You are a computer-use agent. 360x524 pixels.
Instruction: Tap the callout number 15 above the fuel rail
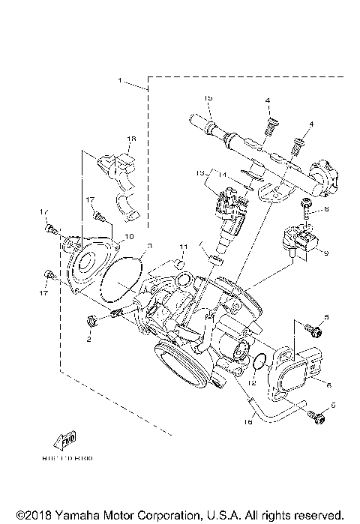209,99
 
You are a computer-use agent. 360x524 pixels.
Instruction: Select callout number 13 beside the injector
201,172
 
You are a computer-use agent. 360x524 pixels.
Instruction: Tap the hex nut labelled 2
90,322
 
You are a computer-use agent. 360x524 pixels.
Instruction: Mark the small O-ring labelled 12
256,361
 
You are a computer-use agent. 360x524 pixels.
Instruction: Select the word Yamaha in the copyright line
76,515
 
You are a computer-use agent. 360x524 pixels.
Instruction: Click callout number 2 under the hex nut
88,339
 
